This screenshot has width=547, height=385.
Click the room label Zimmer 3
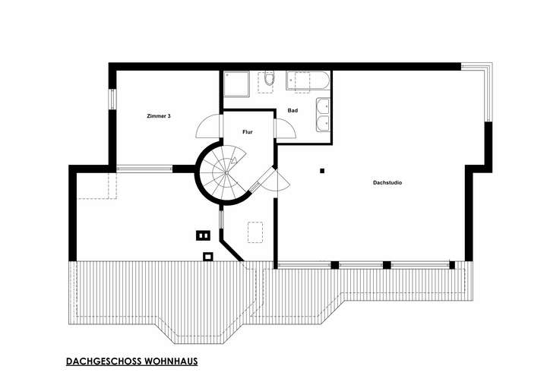159,116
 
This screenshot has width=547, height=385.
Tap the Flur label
247,132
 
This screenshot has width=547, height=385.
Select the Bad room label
292,111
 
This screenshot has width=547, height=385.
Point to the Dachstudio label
387,183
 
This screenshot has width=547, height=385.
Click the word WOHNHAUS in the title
171,362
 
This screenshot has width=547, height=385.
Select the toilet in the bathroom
269,80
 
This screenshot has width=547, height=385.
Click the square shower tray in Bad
235,84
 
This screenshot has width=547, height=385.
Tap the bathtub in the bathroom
307,80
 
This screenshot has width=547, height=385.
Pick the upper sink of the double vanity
323,107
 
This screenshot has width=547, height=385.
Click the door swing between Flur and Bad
283,129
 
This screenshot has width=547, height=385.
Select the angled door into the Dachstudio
272,181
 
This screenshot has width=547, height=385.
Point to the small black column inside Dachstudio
322,171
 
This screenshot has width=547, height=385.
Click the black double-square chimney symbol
202,235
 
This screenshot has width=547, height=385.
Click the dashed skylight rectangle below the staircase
256,231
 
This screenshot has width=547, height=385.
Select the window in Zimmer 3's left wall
112,99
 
